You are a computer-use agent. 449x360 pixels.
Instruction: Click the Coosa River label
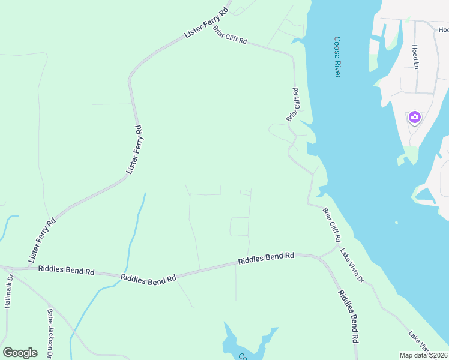coord(337,57)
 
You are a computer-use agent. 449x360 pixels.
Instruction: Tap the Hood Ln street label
coord(415,56)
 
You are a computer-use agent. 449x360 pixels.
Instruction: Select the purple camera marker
coord(414,117)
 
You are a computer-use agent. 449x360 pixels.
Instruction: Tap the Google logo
coord(20,353)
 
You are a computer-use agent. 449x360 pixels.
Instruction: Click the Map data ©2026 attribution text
coord(423,355)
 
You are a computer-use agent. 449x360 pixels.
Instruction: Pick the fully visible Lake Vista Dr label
coord(352,265)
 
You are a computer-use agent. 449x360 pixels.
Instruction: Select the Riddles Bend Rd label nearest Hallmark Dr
coord(66,271)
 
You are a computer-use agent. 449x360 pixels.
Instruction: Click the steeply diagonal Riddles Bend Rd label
coord(348,316)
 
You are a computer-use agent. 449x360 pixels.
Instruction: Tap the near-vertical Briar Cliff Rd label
coord(293,105)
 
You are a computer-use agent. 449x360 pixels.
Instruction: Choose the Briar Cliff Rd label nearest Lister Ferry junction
coord(230,37)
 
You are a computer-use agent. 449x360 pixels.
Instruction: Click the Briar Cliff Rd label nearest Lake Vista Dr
coord(331,224)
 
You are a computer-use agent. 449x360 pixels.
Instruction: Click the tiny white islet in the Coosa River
coord(396,223)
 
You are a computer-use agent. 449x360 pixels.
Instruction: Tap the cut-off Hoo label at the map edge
coord(443,29)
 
